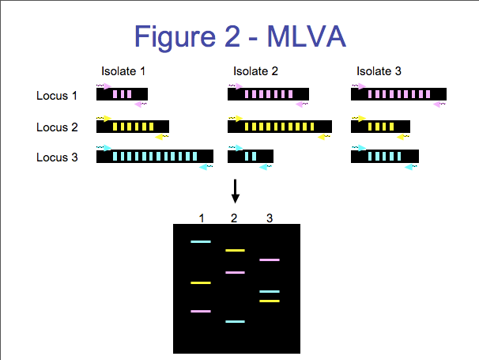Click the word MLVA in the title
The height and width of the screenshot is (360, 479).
(307, 36)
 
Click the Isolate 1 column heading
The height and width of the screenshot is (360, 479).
(123, 71)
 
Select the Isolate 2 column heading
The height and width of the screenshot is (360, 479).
(255, 71)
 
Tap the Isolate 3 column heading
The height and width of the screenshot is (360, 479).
(379, 71)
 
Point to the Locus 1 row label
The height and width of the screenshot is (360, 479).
(56, 96)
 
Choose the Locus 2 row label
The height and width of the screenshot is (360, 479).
(57, 127)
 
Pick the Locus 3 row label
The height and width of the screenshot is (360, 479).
(57, 157)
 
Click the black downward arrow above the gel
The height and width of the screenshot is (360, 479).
(235, 191)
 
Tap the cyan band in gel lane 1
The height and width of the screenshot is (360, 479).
(201, 241)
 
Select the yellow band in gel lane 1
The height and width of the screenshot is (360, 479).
(201, 283)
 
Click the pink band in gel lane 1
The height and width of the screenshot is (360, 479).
(201, 312)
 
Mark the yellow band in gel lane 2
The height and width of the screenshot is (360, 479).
(235, 251)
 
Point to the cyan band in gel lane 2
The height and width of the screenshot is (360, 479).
(235, 321)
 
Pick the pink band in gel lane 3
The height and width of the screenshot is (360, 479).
(270, 260)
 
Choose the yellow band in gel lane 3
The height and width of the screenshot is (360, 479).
(270, 301)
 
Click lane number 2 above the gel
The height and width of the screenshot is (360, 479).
(234, 218)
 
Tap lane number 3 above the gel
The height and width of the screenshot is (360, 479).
(270, 218)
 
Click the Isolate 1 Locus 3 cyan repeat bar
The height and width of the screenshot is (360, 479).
(155, 157)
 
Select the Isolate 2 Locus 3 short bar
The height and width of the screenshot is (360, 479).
(251, 157)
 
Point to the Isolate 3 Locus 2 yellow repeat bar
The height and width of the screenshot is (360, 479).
(380, 127)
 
